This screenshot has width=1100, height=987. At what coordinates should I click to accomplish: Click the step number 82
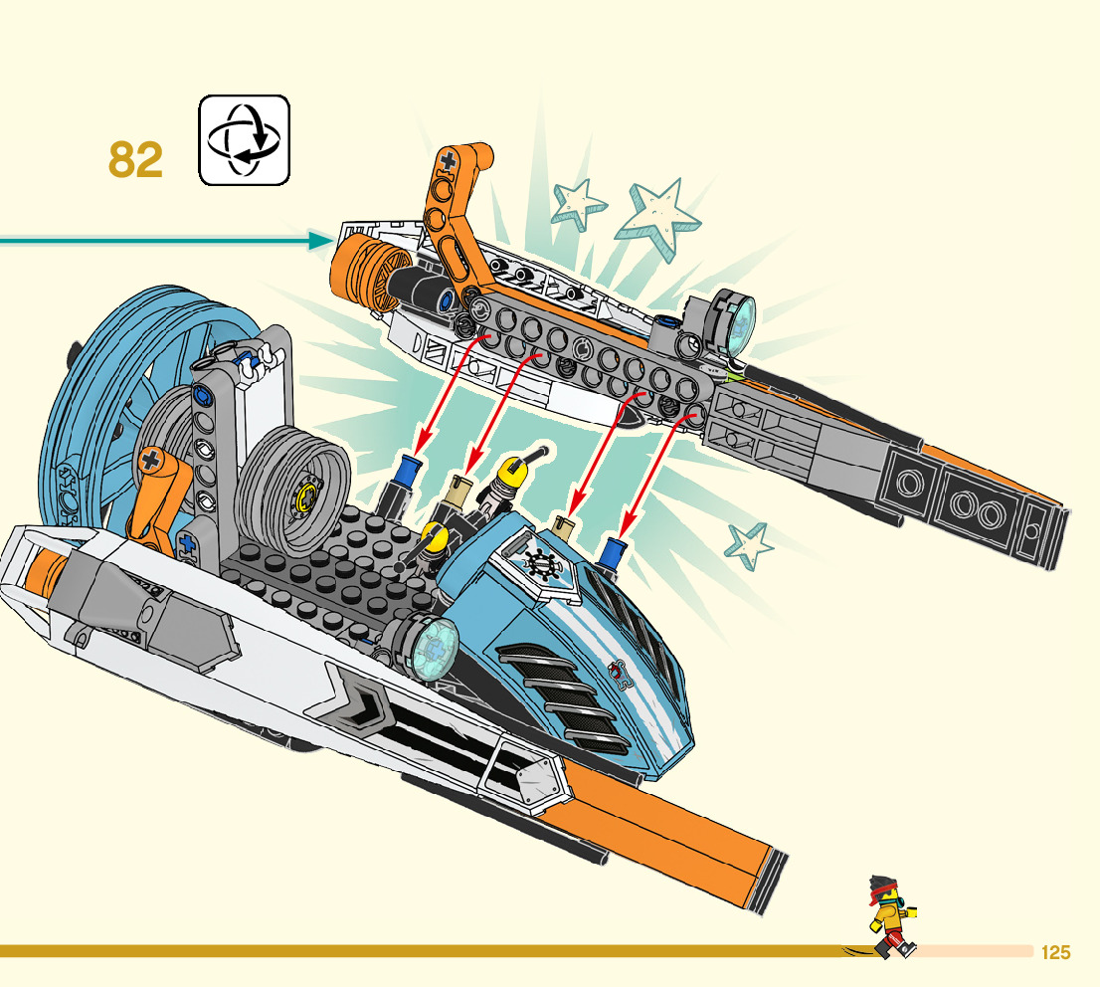coord(135,160)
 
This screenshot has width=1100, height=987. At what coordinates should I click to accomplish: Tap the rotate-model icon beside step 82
coord(244,140)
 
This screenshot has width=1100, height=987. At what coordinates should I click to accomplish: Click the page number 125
coord(1055,953)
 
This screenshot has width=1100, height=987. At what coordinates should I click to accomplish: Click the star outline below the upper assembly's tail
coord(750,545)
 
